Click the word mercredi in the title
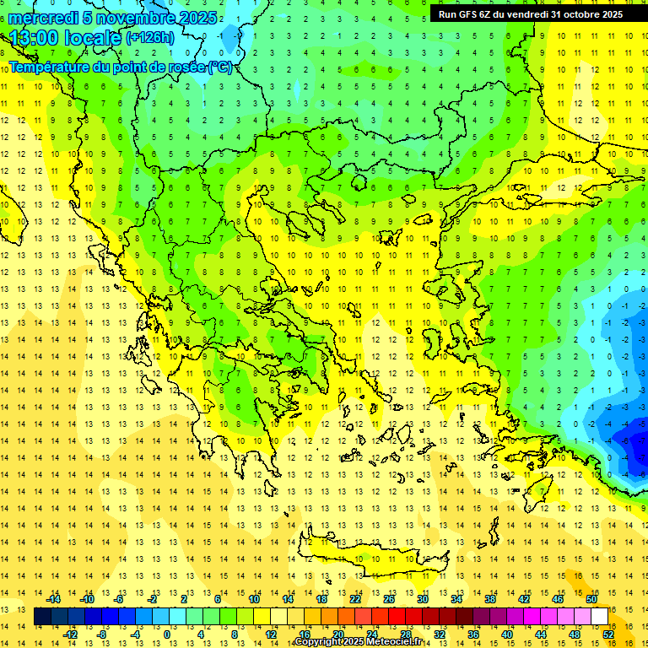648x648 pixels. (40, 18)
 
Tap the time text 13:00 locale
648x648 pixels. (65, 38)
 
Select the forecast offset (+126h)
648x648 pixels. (150, 38)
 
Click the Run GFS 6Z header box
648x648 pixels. (531, 14)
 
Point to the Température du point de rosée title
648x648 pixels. (120, 67)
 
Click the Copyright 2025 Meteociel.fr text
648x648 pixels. (358, 642)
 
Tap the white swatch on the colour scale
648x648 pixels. (600, 617)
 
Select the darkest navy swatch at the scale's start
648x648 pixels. (42, 617)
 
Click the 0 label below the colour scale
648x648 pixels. (166, 634)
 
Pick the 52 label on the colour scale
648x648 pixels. (608, 634)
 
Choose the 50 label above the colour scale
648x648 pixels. (591, 599)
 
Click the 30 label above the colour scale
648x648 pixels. (423, 599)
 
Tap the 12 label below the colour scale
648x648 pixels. (270, 634)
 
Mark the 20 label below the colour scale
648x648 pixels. (338, 634)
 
